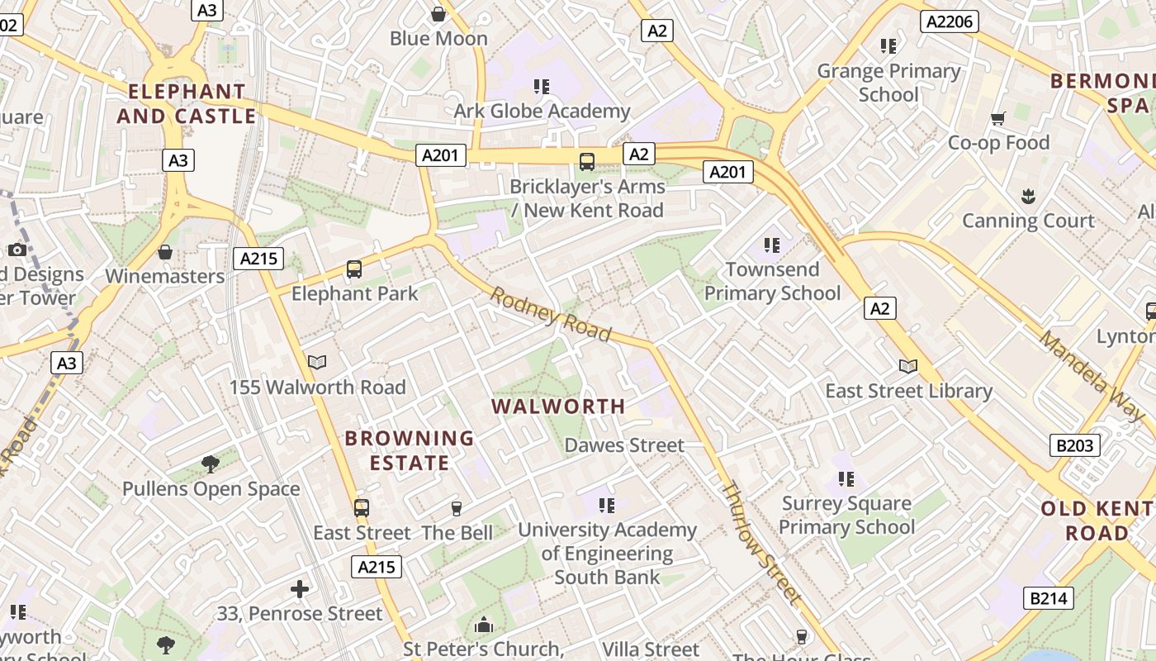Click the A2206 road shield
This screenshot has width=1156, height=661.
coord(950,21)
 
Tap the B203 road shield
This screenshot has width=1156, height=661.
coord(1074,446)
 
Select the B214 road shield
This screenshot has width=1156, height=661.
coord(1049,597)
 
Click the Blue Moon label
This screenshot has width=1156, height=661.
coord(438,38)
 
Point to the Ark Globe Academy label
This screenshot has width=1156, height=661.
coord(542,111)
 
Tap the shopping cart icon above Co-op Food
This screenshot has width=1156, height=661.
coord(998,119)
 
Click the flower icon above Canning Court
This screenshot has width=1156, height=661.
coord(1028,197)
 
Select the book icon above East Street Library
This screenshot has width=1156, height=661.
coord(908,367)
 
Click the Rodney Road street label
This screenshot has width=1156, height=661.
coord(551,314)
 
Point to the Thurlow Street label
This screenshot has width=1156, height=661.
coord(761,542)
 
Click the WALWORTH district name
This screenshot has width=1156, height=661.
coord(558,407)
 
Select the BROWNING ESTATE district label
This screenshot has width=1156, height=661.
coord(410,450)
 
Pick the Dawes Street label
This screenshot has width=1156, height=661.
coord(624,445)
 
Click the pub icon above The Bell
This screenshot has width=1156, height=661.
coord(457,509)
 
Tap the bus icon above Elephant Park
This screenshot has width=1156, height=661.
coord(354,269)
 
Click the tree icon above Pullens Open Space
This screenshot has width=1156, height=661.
coord(211,464)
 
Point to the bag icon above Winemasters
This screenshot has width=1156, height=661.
coord(165,252)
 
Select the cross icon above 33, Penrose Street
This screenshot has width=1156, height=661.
coord(300,589)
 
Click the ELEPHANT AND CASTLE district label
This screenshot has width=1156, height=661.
coord(187,103)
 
